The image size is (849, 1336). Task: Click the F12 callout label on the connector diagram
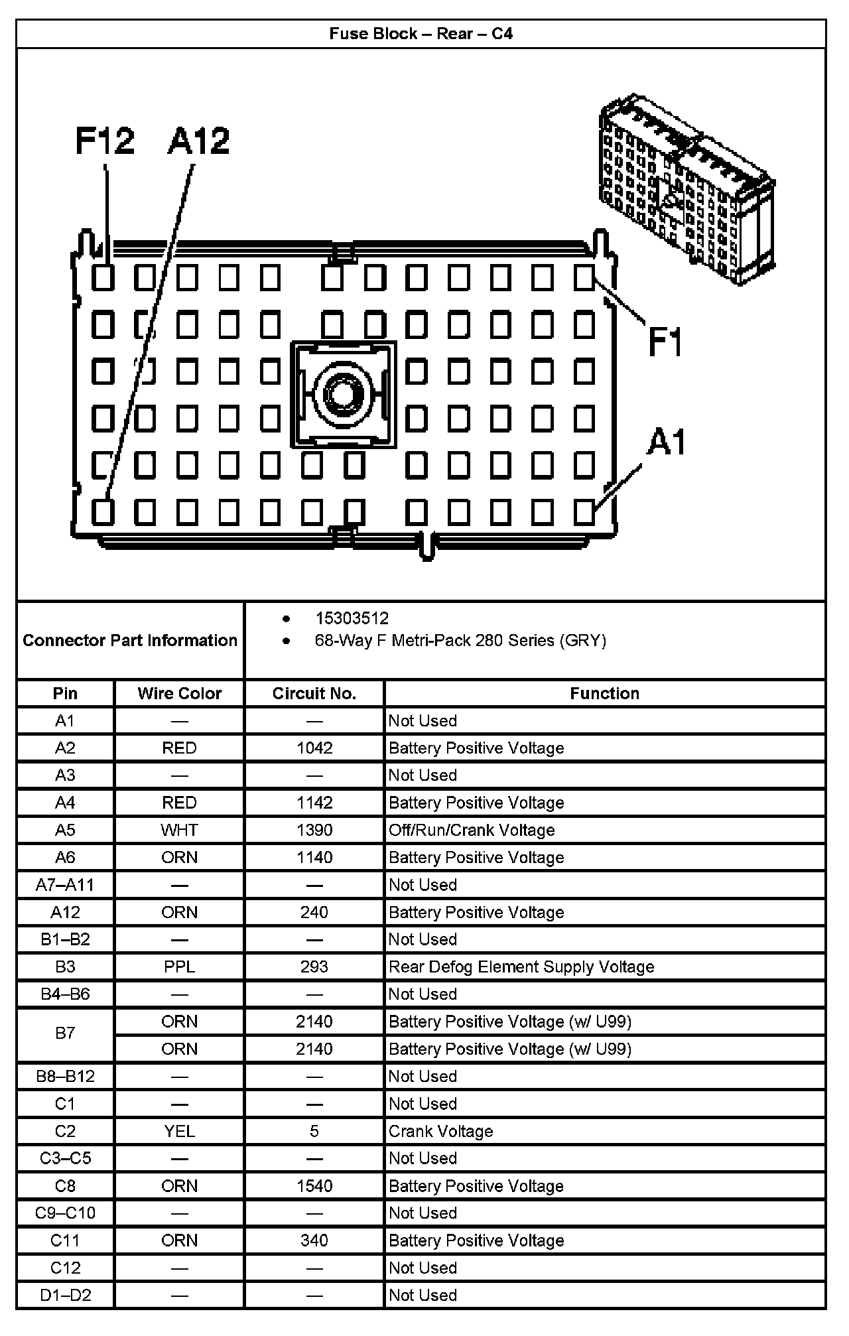point(105,141)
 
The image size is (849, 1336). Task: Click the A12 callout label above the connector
point(198,141)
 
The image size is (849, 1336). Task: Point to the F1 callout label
point(665,342)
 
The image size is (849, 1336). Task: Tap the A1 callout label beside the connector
point(667,442)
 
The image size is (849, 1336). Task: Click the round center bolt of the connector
point(343,394)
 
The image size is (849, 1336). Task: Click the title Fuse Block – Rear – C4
point(421,34)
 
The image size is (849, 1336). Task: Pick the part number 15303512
point(352,618)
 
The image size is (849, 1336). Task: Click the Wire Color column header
point(179,693)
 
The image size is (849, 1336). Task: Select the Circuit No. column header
point(314,693)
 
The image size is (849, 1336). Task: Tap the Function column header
point(604,693)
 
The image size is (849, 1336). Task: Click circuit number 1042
point(314,748)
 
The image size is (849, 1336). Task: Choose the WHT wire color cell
point(179,830)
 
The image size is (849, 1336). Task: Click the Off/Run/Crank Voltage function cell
point(472,830)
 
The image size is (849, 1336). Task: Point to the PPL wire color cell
point(179,967)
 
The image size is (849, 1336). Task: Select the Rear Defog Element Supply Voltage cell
point(521,967)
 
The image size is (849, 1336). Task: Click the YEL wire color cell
point(179,1131)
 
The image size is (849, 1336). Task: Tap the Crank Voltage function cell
point(441,1131)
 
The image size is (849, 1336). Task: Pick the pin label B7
point(65,1033)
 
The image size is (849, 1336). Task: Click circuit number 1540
point(314,1185)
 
